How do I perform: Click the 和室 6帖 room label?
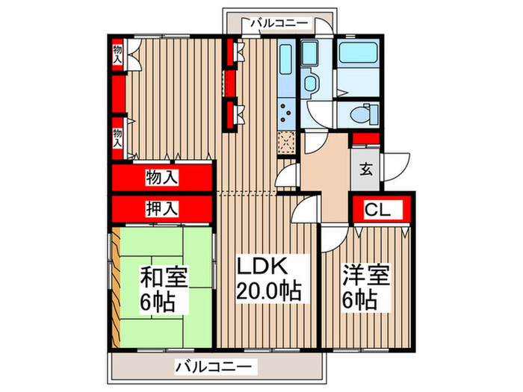[164, 289]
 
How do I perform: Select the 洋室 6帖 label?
[360, 289]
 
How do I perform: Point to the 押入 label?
[161, 208]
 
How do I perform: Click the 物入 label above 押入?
[161, 178]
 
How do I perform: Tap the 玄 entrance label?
[366, 169]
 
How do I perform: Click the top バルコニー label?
[279, 23]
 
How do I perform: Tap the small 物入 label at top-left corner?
[117, 53]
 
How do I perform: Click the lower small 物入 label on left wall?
[117, 137]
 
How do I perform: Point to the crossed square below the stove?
[287, 141]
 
